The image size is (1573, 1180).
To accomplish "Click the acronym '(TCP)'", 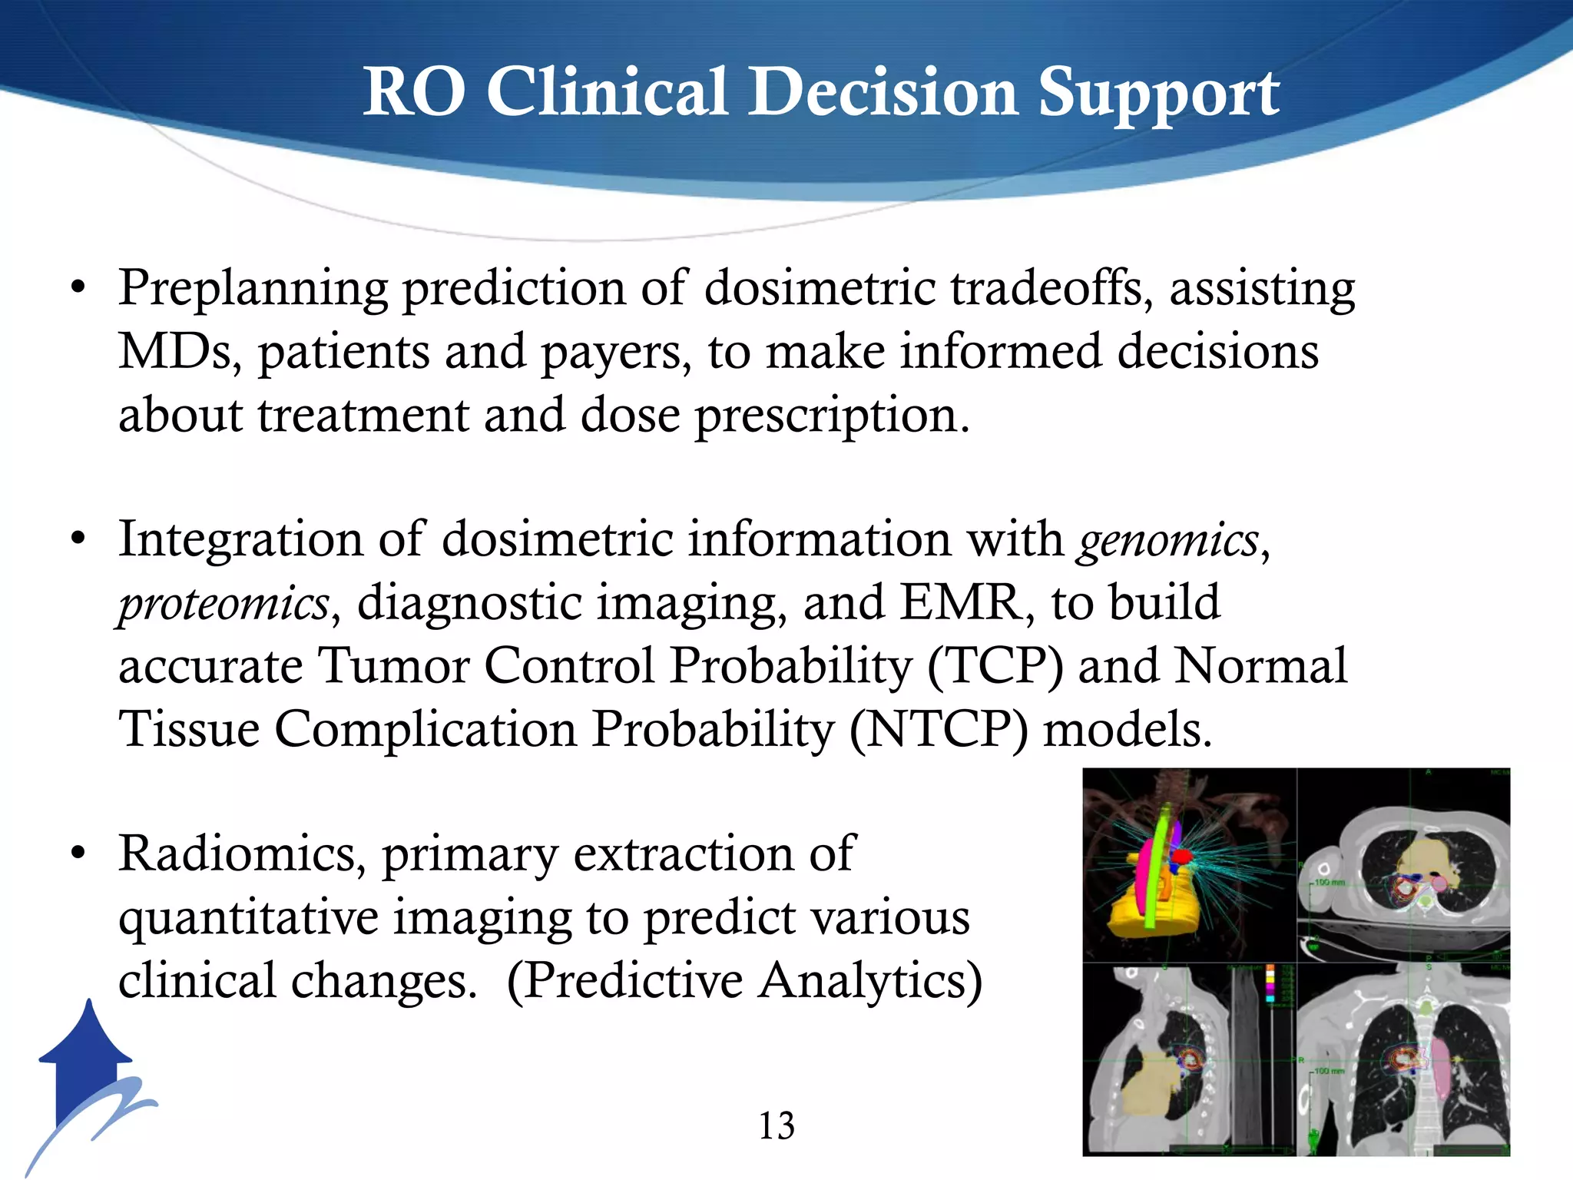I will [x=995, y=666].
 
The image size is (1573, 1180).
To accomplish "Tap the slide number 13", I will [x=777, y=1126].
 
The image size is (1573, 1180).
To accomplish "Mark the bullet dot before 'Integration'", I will [x=78, y=541].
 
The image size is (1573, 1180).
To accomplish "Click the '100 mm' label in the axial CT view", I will [x=1330, y=883].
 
